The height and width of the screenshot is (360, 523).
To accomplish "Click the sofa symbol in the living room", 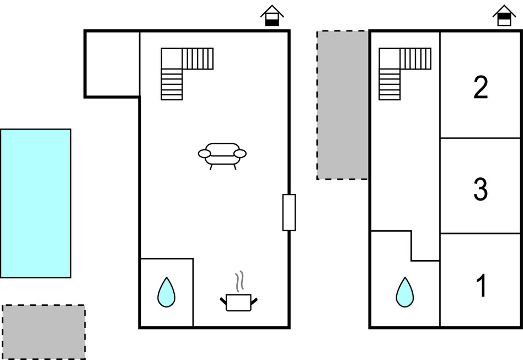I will pos(222,155).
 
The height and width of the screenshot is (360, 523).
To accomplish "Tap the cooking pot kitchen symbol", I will pos(239,302).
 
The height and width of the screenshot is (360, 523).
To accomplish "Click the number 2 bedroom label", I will pos(481,88).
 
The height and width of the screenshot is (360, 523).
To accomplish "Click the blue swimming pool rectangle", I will pos(35,203).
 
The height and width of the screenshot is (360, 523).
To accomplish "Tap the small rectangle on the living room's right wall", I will pos(289,212).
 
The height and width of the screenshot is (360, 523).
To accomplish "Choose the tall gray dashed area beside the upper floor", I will pos(343,105).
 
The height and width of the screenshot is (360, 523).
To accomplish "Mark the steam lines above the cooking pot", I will pos(239,282).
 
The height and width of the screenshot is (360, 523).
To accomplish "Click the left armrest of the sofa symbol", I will pos(205,153).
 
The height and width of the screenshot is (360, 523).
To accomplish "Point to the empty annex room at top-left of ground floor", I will pos(112,64).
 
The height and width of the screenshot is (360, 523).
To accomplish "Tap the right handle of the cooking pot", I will pos(254,300).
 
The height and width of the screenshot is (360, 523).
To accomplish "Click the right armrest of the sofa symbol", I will pos(240,153).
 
